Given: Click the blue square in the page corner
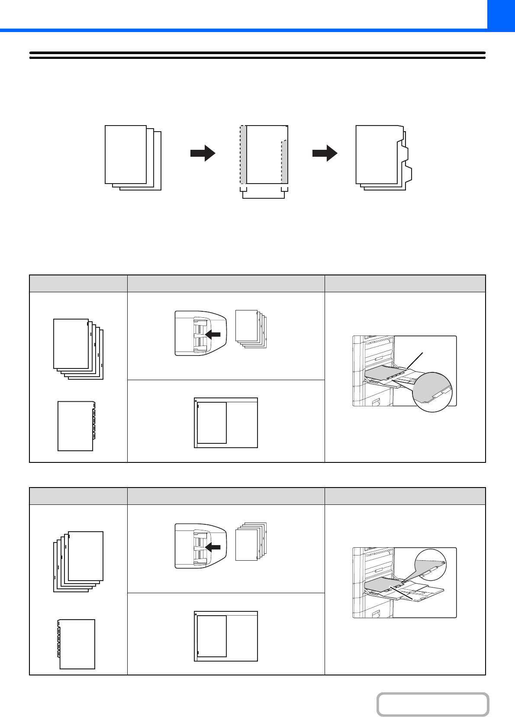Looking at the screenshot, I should point(501,14).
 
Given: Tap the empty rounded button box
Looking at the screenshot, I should point(432,704).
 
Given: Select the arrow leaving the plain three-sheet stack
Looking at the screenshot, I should point(203,153).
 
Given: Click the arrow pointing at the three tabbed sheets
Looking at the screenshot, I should point(325,153).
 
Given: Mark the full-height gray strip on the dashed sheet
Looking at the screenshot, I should point(244,155).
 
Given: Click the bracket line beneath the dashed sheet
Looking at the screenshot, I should point(264,198).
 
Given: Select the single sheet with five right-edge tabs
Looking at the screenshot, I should point(76,426).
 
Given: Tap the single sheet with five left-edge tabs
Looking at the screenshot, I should point(77,644).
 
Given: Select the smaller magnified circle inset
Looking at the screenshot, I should point(430,564).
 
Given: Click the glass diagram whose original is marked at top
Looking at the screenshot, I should point(226,423).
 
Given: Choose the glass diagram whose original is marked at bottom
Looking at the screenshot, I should point(226,636).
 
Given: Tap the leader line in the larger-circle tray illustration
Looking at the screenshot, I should point(415,361).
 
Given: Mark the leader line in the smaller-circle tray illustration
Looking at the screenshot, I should point(402,593).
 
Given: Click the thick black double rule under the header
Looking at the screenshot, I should point(257,55).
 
